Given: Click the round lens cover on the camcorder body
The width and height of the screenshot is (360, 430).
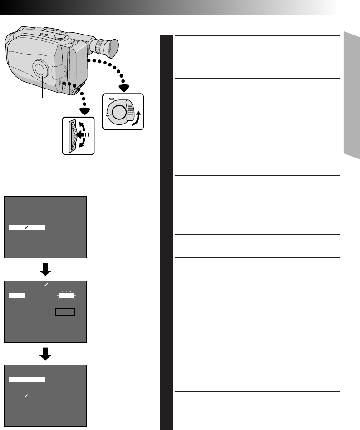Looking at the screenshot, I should (x=40, y=69).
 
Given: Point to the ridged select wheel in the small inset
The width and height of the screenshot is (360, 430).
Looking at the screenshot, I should (x=71, y=135).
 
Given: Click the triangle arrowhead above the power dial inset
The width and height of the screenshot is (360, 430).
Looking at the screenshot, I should (x=123, y=87).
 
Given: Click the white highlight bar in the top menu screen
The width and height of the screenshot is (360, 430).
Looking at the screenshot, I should (x=27, y=227).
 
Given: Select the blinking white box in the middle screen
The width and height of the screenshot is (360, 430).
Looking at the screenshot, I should (x=67, y=296).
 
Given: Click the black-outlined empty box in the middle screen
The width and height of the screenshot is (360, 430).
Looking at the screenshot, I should (x=65, y=312).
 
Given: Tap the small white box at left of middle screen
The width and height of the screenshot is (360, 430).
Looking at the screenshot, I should (x=17, y=296).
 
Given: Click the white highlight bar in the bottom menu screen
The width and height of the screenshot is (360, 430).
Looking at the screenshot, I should (x=27, y=379).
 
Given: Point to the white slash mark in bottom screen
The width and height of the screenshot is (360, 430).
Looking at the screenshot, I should (x=27, y=396).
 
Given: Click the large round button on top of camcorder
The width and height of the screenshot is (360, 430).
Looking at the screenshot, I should (x=59, y=35).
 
